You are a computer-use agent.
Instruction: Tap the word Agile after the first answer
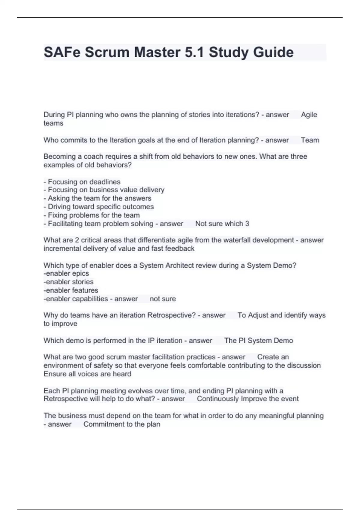coord(309,115)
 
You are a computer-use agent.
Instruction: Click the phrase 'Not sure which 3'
coord(222,223)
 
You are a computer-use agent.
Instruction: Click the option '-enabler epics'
coord(66,273)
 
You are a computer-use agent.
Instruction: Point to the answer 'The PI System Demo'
coord(259,340)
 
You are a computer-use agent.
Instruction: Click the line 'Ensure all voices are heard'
coord(87,374)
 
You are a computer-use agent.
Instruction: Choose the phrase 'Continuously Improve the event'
coord(248,399)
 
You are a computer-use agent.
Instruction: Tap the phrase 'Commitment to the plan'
coord(122,424)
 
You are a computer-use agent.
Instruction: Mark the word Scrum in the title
coord(108,52)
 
